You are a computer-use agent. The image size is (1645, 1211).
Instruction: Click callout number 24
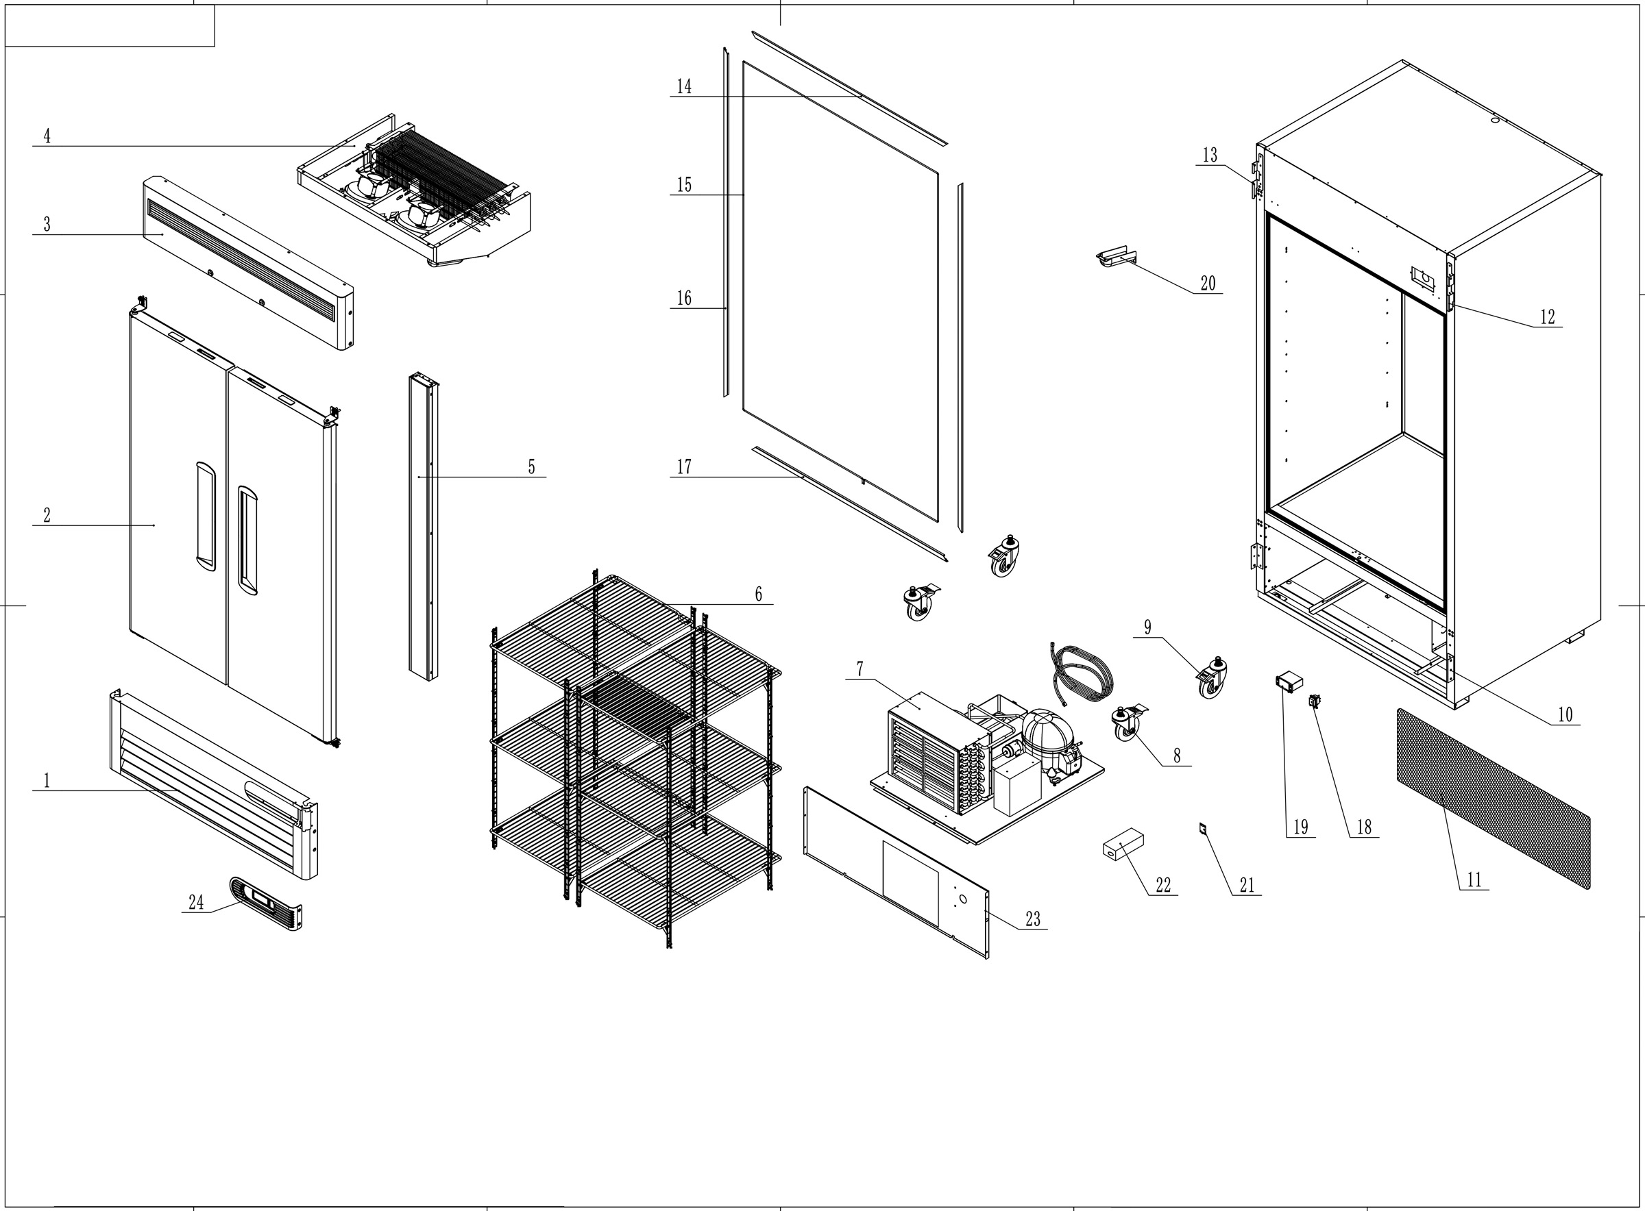coord(196,902)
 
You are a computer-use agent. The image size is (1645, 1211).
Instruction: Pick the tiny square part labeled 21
coord(1203,828)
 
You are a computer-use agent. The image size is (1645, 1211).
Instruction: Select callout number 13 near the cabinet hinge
coord(1209,155)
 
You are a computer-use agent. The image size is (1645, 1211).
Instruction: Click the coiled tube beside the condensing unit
coord(1082,675)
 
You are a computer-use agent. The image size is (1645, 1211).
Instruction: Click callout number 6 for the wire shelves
coord(758,594)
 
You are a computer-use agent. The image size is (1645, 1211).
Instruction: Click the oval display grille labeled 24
coord(265,903)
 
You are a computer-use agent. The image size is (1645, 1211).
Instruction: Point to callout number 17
coord(683,467)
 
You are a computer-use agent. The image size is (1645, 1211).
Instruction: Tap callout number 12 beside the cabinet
coord(1547,316)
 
